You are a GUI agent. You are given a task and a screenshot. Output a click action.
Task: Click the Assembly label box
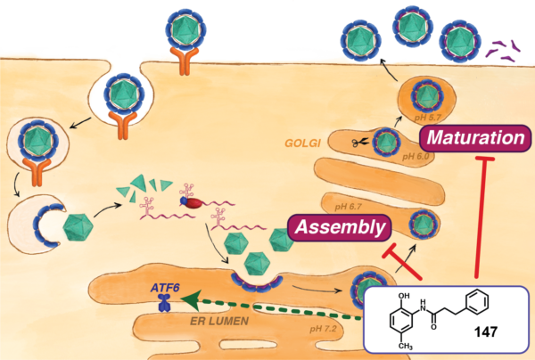click(x=340, y=227)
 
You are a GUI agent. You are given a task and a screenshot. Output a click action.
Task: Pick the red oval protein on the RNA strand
click(x=192, y=201)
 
